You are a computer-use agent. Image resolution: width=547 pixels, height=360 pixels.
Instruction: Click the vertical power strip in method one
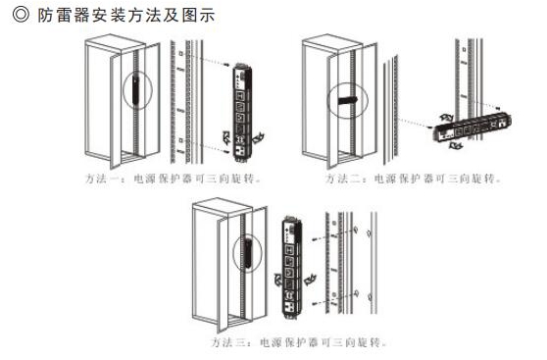tap(239, 108)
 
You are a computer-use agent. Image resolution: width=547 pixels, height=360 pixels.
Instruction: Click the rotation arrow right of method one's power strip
tap(258, 140)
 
